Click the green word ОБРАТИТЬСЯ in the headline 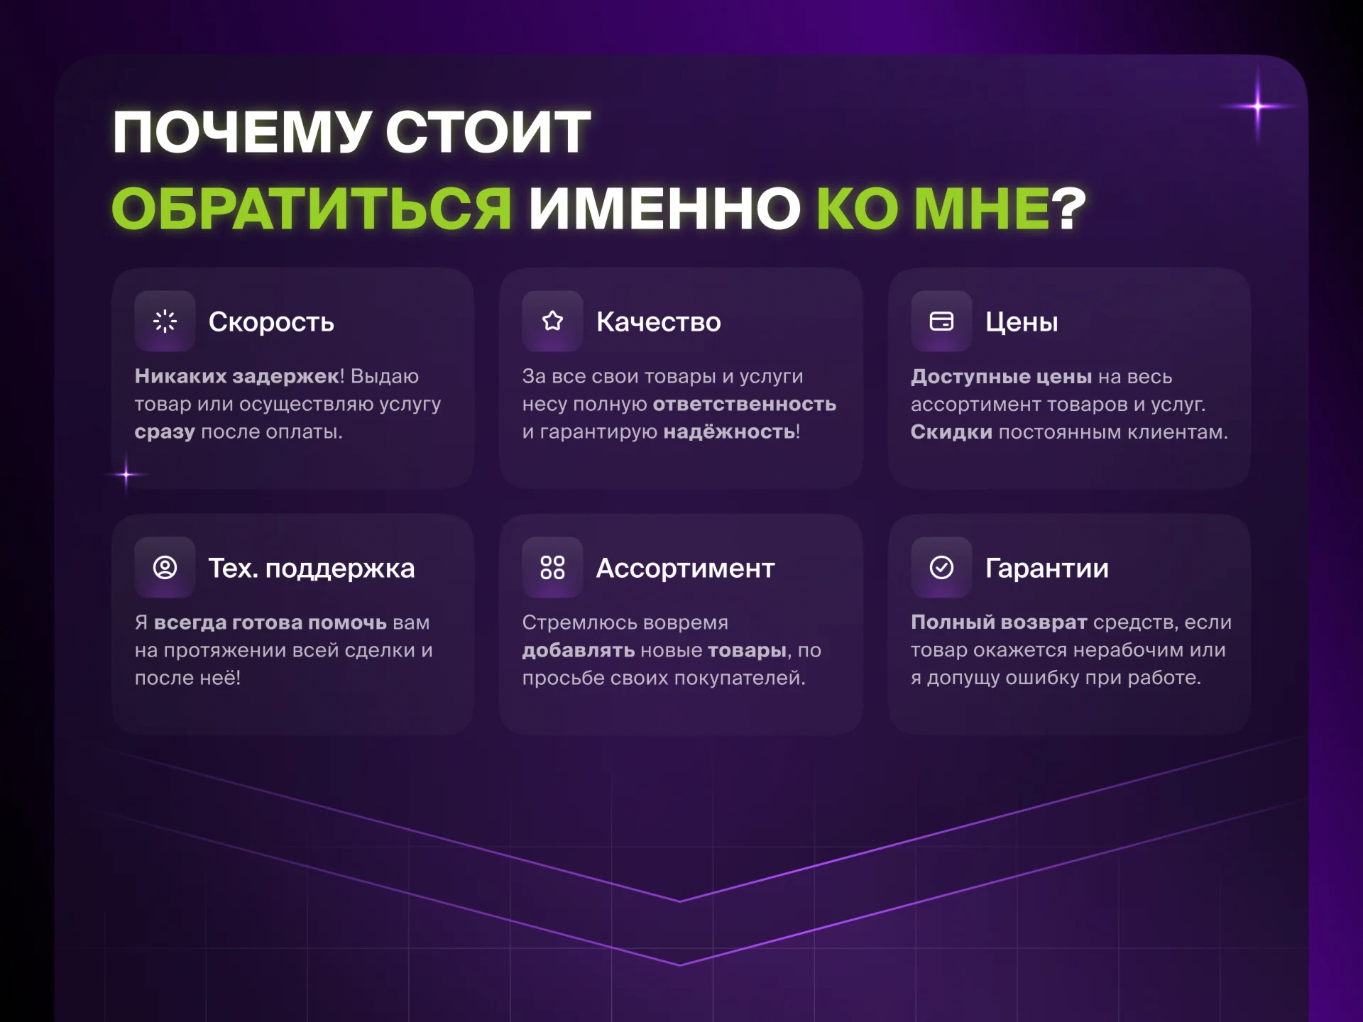[x=312, y=209]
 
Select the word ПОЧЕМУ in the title [x=242, y=132]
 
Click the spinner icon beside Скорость [x=165, y=322]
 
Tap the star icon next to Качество [x=552, y=322]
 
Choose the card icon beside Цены [x=941, y=322]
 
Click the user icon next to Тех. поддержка [x=165, y=568]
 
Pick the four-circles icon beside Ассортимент [x=552, y=568]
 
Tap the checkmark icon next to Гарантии [x=941, y=568]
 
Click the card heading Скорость [x=271, y=322]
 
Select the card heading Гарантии [x=1046, y=568]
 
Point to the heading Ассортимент [x=685, y=568]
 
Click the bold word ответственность [x=744, y=404]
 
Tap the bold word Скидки [x=951, y=432]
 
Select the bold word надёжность [x=729, y=432]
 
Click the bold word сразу [x=165, y=432]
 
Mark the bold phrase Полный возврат [x=999, y=622]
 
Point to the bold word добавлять [x=579, y=650]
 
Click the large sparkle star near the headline [x=1257, y=106]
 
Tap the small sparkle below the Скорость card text [x=126, y=474]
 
